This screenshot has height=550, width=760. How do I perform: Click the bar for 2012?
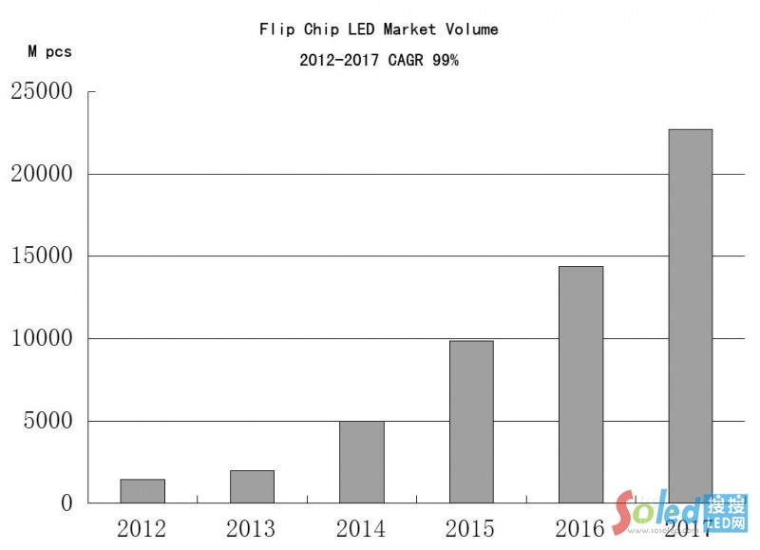click(x=142, y=491)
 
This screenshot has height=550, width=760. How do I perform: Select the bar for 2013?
click(x=252, y=486)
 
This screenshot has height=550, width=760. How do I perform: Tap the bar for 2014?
click(x=362, y=462)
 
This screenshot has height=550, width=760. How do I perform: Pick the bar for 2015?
click(x=471, y=421)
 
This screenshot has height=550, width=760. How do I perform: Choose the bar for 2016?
click(x=580, y=384)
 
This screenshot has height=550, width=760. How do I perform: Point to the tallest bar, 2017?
click(x=691, y=315)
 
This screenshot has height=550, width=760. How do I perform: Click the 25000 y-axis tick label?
click(x=42, y=92)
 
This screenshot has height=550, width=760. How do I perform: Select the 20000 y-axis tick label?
click(x=42, y=175)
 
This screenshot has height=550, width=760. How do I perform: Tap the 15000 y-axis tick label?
click(x=42, y=256)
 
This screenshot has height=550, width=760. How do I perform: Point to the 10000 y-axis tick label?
click(x=42, y=339)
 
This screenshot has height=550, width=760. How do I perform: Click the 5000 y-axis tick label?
click(x=47, y=422)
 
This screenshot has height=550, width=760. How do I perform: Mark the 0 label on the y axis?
click(x=66, y=503)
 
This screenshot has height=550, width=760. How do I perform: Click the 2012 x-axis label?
click(x=142, y=529)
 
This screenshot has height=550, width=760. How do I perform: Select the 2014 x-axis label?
click(x=361, y=529)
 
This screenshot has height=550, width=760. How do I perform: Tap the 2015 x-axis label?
click(x=471, y=529)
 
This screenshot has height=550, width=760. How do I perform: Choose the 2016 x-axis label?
click(x=580, y=529)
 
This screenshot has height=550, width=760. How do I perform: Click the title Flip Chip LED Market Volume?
click(x=379, y=29)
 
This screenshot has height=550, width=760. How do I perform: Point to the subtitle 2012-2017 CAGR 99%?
click(x=379, y=60)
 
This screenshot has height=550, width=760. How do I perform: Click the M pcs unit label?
click(x=49, y=52)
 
